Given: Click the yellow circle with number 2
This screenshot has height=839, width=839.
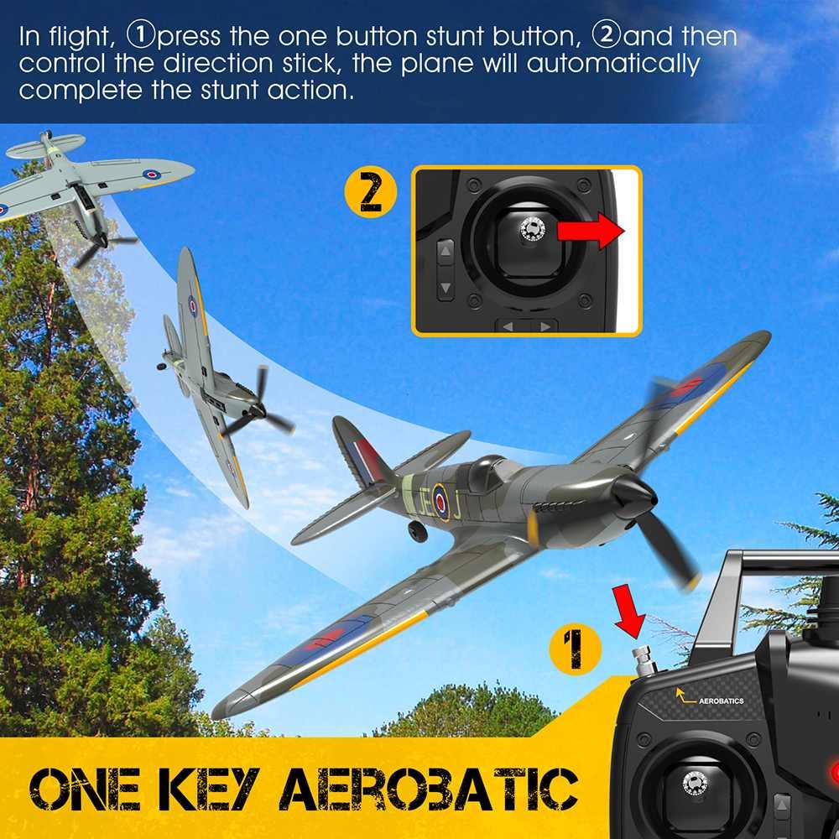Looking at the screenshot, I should [x=370, y=193].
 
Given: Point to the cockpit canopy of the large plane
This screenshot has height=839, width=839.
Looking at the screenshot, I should [x=490, y=473].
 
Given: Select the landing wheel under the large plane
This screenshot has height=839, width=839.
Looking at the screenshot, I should [x=418, y=531].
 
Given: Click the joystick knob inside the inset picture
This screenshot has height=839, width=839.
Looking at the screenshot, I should [x=531, y=229].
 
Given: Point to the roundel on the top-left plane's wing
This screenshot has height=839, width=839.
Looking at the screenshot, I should [x=152, y=175].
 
